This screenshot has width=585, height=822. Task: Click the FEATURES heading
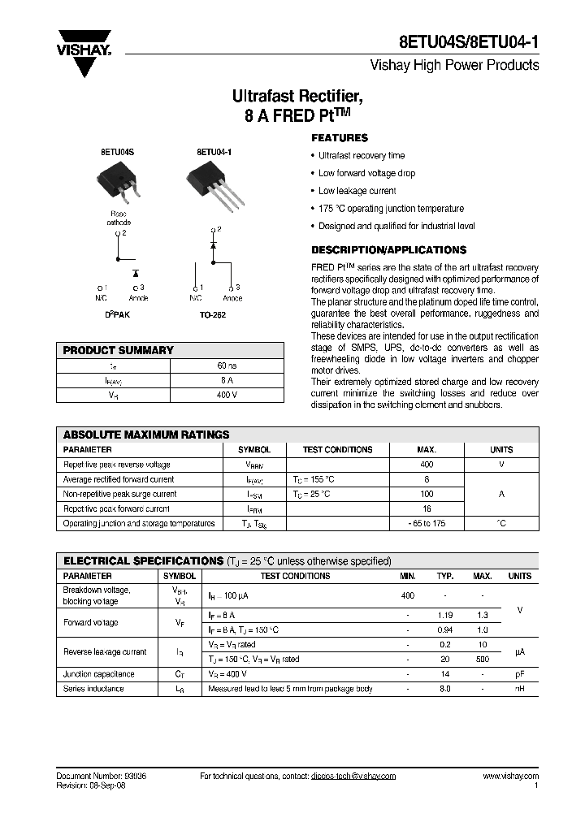click(340, 138)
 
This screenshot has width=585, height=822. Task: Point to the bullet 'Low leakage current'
click(357, 191)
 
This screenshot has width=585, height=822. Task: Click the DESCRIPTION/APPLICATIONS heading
click(388, 249)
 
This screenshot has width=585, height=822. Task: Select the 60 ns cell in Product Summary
click(227, 366)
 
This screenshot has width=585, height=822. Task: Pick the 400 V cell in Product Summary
click(227, 396)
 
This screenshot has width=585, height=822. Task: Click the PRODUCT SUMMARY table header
click(119, 351)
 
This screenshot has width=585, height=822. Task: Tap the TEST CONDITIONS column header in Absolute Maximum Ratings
click(337, 449)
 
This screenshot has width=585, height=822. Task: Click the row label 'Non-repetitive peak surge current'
click(119, 494)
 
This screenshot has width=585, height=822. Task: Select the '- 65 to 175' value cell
click(427, 524)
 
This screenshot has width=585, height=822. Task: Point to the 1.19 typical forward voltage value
click(444, 616)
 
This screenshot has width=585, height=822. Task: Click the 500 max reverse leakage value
click(482, 660)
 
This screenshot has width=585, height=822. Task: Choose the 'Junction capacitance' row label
click(99, 674)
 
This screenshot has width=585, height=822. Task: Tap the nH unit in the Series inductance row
click(519, 689)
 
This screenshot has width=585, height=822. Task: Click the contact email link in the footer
click(353, 777)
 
